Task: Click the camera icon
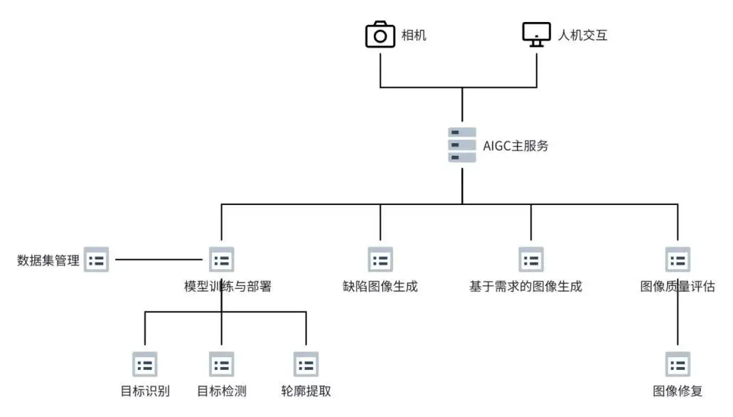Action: click(380, 34)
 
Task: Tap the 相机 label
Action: click(414, 35)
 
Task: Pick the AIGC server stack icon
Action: click(462, 145)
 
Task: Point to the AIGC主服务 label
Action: click(515, 146)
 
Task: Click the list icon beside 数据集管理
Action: click(97, 260)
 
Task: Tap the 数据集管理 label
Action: click(48, 260)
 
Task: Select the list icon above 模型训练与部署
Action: click(221, 260)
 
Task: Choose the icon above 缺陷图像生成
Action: click(380, 260)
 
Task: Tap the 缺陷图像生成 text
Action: click(380, 287)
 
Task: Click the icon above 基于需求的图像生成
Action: click(531, 260)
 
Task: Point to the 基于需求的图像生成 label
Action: click(525, 287)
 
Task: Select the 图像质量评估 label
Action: click(678, 287)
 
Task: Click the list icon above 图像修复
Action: click(678, 364)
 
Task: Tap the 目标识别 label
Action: click(145, 391)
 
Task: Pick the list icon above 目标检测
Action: click(221, 364)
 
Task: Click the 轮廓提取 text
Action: click(306, 391)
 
